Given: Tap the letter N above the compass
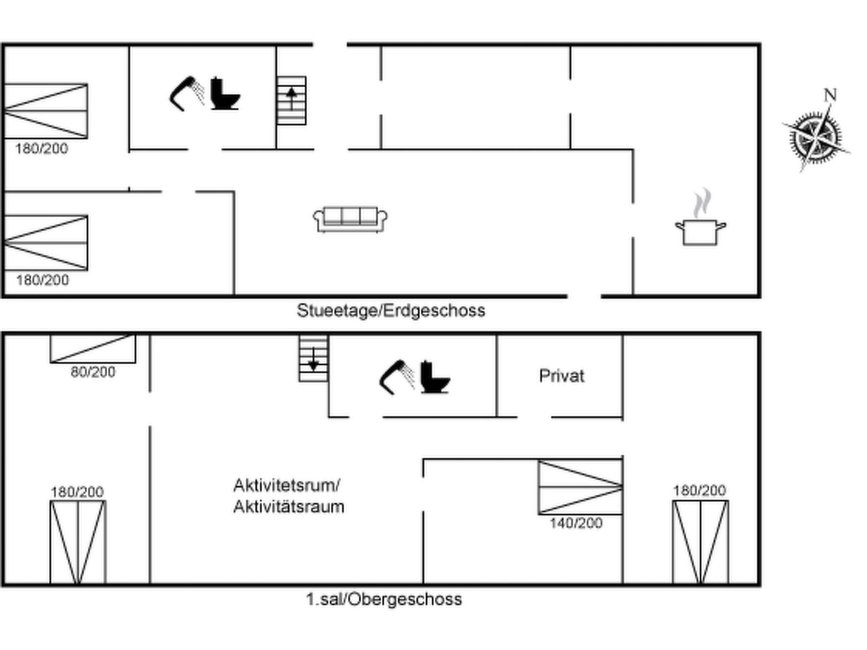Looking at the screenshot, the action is pos(830,95).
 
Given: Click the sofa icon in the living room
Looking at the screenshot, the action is pos(350,219).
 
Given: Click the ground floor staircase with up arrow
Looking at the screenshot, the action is pos(291,101).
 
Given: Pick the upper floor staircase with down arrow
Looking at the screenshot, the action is pos(313,358).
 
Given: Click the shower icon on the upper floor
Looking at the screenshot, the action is pos(397,377).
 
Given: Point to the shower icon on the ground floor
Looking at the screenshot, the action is pos(187,94).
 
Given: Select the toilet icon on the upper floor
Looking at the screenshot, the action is pos(435,377).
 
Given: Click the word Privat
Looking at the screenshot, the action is pos(561,376).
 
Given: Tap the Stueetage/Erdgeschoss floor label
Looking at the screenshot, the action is pos(391,311).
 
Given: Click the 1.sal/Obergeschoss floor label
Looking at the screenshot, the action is pos(384,599).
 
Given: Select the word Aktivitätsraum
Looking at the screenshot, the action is pos(289,507).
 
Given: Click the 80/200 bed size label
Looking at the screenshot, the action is pos(93,372).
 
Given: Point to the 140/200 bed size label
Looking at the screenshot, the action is pos(576,523).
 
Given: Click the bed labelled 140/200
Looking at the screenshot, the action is pos(580,487).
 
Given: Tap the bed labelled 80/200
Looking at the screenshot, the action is pos(93,349).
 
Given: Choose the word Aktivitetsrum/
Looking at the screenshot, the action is pos(287,485).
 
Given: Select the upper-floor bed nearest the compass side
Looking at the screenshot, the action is pos(701,542).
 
